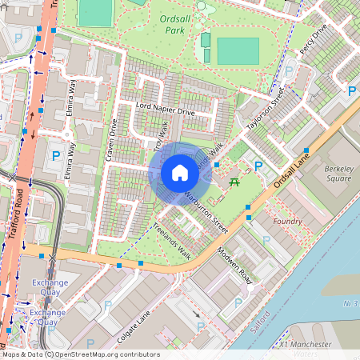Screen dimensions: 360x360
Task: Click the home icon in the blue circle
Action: [180, 172]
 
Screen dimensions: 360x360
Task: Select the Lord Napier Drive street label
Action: [166, 109]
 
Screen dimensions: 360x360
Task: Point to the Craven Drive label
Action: [110, 139]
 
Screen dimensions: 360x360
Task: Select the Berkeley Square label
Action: [338, 174]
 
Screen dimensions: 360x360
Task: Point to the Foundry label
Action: [287, 221]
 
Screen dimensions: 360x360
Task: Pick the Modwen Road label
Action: [235, 270]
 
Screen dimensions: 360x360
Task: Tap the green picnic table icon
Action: [234, 183]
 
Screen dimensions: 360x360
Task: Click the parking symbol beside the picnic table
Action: [258, 166]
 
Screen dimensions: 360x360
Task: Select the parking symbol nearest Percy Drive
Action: [351, 92]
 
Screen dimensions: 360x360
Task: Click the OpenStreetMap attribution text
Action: [80, 354]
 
